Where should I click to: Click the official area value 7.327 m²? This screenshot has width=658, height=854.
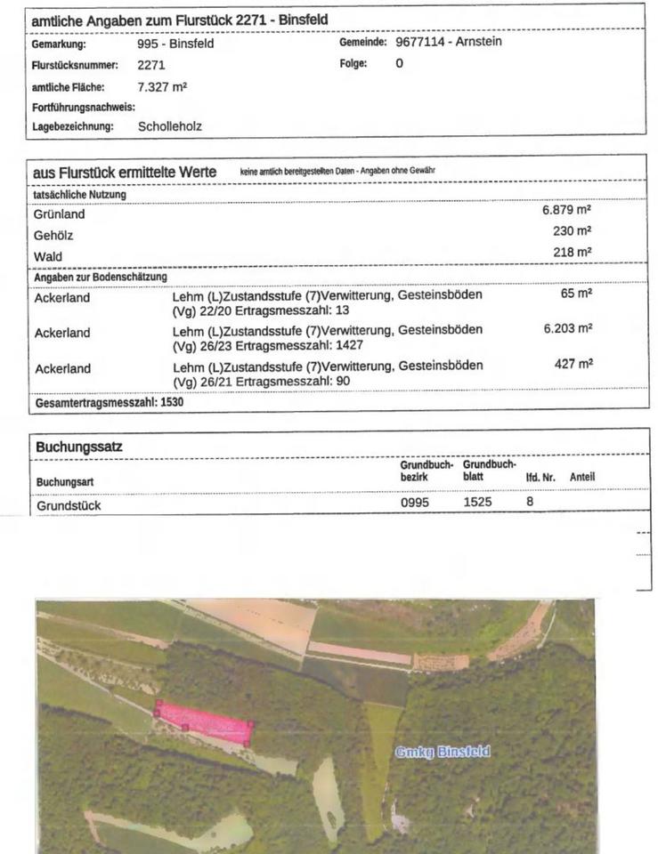(x=162, y=87)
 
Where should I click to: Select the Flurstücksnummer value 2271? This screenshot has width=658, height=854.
(x=151, y=65)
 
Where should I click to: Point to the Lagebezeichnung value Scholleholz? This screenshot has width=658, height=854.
(x=170, y=126)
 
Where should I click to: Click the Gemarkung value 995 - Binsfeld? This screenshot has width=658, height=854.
(x=175, y=44)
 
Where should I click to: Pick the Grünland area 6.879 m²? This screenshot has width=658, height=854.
(x=566, y=211)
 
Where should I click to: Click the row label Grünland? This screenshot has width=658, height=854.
(x=60, y=214)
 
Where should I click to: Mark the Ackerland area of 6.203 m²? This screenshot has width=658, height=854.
(x=567, y=328)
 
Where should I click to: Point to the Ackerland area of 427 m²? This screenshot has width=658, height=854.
(x=573, y=364)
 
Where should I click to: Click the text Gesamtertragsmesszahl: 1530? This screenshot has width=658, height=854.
(x=110, y=402)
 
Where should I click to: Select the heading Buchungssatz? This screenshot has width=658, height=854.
(x=79, y=446)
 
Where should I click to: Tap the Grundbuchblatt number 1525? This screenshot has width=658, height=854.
(x=477, y=503)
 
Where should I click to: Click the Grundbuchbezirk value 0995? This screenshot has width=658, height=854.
(x=415, y=503)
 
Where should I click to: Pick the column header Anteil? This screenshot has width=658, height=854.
(x=581, y=478)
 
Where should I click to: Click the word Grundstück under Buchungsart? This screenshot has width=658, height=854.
(x=69, y=505)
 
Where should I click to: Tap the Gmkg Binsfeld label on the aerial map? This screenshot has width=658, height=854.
(x=443, y=752)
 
